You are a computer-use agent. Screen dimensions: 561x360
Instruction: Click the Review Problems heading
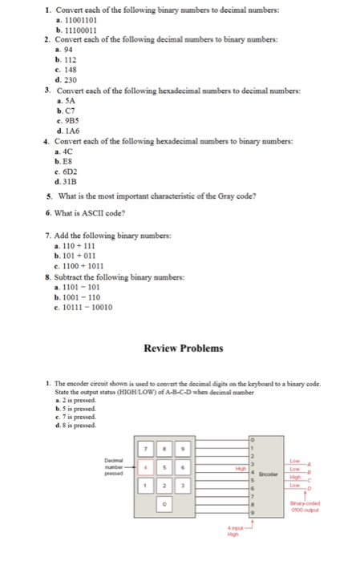click(183, 348)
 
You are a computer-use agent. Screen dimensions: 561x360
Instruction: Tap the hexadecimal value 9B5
click(67, 121)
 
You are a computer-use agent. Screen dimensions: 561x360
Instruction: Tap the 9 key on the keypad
click(185, 446)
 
